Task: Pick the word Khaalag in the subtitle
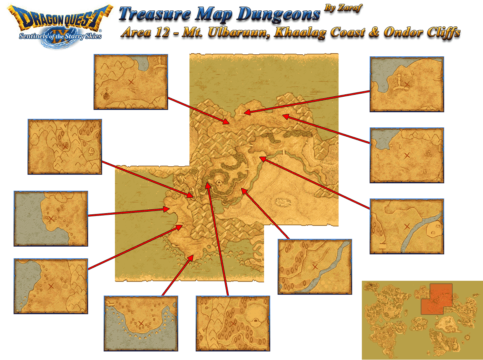point(300,32)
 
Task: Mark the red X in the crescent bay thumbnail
point(141,323)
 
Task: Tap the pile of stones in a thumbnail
point(428,153)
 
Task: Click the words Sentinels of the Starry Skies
point(60,37)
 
